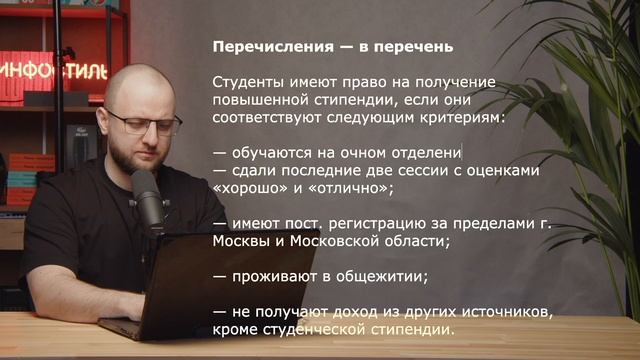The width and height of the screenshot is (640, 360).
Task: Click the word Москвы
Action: click(x=241, y=241)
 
